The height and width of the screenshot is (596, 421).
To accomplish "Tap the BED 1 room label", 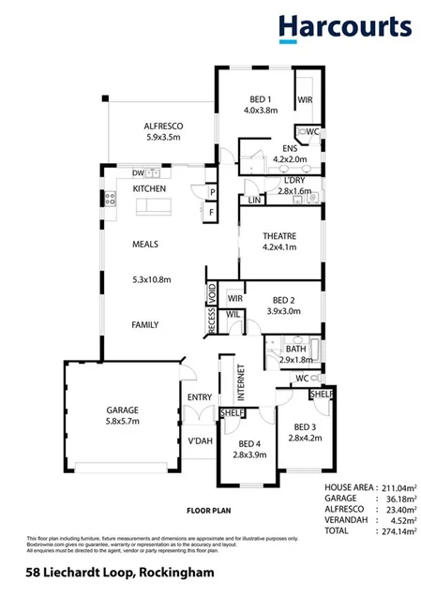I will [261, 98].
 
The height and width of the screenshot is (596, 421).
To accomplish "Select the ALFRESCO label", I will [162, 125].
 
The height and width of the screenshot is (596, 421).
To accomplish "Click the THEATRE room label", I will [279, 235].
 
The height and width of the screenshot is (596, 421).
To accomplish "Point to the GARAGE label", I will [122, 410].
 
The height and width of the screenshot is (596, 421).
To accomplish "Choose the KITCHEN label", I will [149, 188].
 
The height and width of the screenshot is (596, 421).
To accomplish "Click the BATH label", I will [296, 349].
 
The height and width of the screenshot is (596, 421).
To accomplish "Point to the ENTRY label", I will [200, 397].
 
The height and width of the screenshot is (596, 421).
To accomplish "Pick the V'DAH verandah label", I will [199, 440].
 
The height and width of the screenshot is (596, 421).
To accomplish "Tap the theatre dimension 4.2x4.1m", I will [278, 247].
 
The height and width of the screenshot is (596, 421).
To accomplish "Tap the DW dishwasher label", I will [138, 172].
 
